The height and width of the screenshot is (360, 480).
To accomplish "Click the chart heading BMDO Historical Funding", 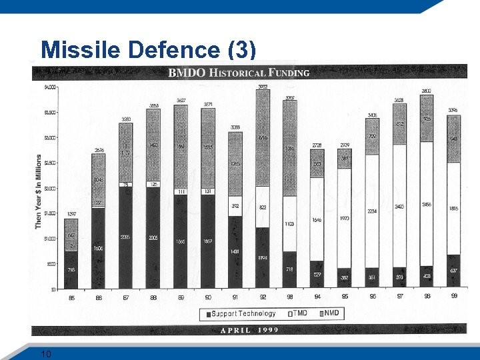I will pos(239,72).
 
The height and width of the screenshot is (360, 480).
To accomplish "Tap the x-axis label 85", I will pos(71,297).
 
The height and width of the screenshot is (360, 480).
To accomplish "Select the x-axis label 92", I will pos(263,297).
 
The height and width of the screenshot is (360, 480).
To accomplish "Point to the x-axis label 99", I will pos(453,297).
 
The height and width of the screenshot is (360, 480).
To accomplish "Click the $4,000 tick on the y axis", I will pos(50,87).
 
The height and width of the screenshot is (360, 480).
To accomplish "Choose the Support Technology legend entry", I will pos(240,313).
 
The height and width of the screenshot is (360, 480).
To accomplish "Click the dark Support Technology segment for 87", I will pos(126,237).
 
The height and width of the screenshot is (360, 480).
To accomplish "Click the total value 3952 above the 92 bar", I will pos(263,85).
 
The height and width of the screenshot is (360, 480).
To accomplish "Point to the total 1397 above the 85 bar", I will pos(71,214).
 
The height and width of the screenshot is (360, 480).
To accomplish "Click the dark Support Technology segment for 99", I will pos(453,271).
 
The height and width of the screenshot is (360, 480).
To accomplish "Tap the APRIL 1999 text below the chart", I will pos(249,329).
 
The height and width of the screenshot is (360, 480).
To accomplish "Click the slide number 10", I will pos(45,353).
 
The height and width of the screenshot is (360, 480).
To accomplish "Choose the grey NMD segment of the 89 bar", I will pos(181,147).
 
